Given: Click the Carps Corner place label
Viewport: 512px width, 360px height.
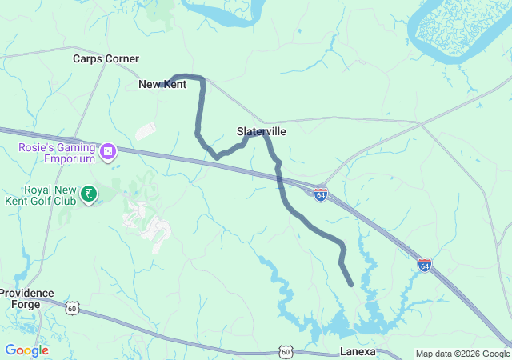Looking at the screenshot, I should (106, 58).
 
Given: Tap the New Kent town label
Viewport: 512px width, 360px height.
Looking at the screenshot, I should (162, 84).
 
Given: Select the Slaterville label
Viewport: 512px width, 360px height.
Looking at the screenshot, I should (261, 130).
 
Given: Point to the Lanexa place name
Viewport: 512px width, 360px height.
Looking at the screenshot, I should (357, 351).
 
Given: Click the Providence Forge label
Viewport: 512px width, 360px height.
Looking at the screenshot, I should (26, 298).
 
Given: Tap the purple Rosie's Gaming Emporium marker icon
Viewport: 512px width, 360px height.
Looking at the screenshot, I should (108, 150).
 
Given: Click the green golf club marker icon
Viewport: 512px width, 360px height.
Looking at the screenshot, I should (89, 193).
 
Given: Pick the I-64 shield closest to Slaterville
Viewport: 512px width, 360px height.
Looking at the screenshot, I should (320, 194).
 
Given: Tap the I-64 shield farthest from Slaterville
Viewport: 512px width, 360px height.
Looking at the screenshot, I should (425, 264).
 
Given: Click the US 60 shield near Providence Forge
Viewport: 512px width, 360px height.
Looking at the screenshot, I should (72, 308).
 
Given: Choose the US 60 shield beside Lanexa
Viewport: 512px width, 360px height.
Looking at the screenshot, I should (286, 351).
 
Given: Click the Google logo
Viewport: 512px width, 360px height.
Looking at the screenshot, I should (26, 350).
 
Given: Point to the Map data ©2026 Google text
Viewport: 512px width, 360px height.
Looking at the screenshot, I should (462, 354).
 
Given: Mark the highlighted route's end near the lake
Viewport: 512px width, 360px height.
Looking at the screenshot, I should (351, 284).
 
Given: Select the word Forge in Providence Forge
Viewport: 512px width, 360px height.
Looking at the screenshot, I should (26, 305).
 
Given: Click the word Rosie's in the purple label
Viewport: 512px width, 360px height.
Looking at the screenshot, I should (37, 146).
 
